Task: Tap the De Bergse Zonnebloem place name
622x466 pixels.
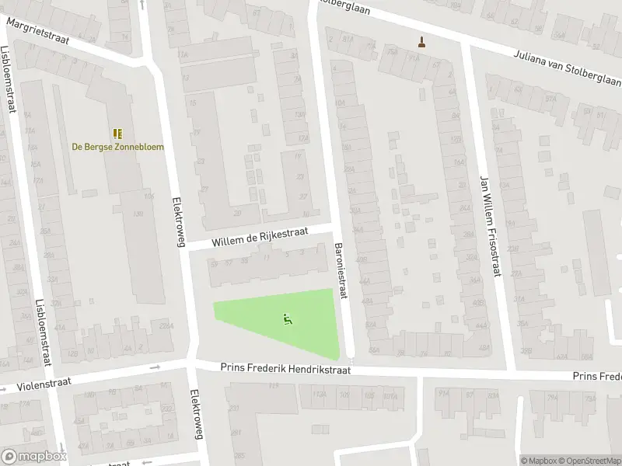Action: [117, 147]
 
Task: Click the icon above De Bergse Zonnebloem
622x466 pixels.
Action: [117, 134]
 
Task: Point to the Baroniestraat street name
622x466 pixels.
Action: [341, 271]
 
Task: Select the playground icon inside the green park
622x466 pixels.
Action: [287, 318]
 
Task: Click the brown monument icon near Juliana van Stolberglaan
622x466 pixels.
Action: [422, 42]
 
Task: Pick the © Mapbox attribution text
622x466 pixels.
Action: [538, 460]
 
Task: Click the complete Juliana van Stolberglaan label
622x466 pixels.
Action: [565, 67]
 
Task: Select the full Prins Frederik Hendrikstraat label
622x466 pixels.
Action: [285, 370]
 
